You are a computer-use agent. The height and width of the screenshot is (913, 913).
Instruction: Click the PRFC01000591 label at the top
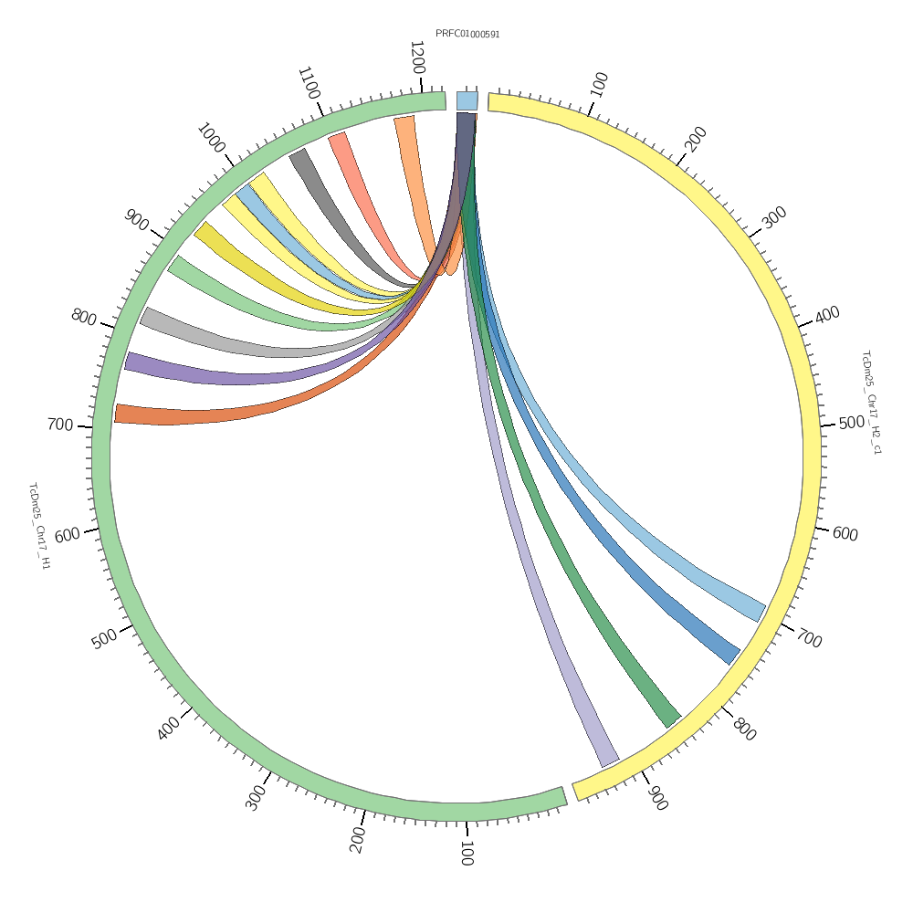467,34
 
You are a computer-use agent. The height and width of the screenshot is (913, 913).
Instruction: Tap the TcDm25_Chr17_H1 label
39,526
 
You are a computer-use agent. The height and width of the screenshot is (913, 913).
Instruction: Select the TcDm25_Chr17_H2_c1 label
872,402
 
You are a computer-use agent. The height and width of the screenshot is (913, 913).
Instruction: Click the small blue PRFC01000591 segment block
467,100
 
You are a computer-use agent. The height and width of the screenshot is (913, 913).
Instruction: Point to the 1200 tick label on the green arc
417,58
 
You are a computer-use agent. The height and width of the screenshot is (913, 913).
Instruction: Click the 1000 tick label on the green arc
210,138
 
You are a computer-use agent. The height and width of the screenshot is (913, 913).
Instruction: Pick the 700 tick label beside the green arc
60,425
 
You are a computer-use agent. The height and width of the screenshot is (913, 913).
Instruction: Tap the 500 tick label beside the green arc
104,638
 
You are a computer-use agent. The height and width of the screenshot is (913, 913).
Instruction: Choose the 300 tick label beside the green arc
255,797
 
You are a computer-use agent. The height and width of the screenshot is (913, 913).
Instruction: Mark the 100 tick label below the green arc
466,854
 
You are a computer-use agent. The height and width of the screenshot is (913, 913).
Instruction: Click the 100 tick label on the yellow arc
599,84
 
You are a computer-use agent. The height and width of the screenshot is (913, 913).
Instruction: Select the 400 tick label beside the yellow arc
827,314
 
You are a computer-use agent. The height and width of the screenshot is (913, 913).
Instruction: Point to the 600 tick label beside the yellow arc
845,533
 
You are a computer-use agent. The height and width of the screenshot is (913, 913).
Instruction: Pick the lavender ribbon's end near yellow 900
608,760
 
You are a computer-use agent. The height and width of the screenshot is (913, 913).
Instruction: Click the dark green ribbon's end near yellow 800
672,719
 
